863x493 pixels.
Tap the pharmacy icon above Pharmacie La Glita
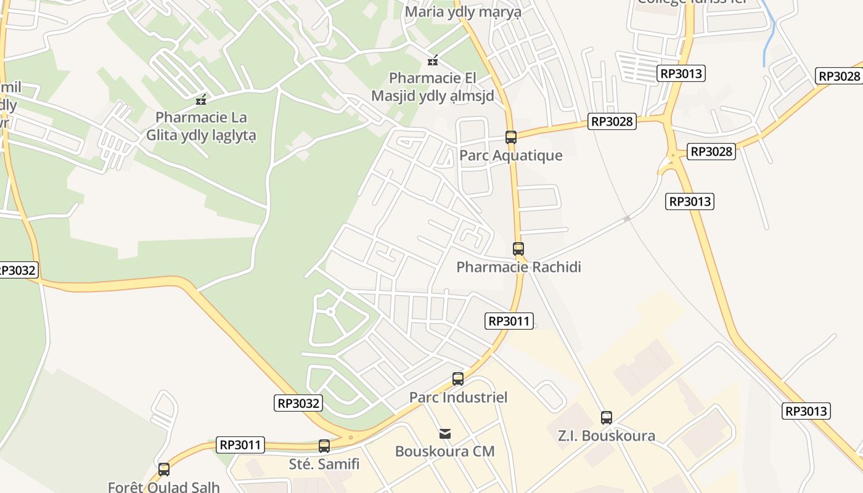pyautogui.click(x=200, y=100)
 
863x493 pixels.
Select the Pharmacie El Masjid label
pyautogui.click(x=433, y=87)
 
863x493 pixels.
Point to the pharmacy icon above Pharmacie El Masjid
pyautogui.click(x=433, y=60)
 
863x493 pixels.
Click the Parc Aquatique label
pyautogui.click(x=510, y=155)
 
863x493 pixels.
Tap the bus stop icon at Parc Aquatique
pyautogui.click(x=510, y=137)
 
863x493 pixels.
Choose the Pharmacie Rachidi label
pyautogui.click(x=518, y=267)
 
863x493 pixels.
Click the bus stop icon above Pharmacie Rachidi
pyautogui.click(x=518, y=249)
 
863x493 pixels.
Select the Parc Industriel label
pyautogui.click(x=458, y=397)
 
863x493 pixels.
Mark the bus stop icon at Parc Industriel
pyautogui.click(x=457, y=379)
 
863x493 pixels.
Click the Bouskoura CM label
pyautogui.click(x=444, y=451)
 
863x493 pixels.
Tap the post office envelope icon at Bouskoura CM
pyautogui.click(x=444, y=434)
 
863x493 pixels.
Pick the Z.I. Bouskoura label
pyautogui.click(x=606, y=436)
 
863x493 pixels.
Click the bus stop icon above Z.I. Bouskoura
pyautogui.click(x=606, y=418)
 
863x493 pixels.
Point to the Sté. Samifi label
pyautogui.click(x=324, y=463)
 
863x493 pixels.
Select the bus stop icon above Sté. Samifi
pyautogui.click(x=324, y=446)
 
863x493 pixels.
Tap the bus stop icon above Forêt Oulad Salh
pyautogui.click(x=164, y=470)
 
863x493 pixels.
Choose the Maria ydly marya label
pyautogui.click(x=463, y=11)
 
